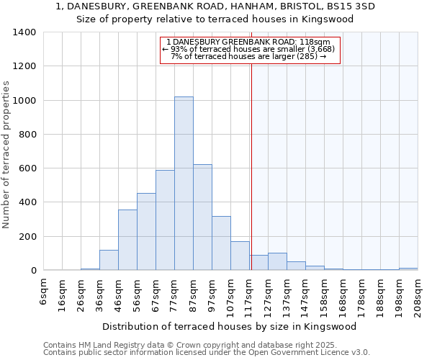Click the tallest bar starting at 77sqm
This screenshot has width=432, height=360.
184,184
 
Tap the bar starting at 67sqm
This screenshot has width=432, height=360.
165,220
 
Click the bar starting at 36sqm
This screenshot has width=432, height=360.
109,260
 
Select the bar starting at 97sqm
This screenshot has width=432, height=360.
221,243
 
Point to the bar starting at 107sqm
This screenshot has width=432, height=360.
240,256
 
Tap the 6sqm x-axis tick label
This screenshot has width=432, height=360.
44,292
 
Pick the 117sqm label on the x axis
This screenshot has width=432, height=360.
250,296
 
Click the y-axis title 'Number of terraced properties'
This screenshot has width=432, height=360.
6,154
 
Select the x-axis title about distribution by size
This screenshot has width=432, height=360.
234,326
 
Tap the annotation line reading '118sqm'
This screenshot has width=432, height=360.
248,42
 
